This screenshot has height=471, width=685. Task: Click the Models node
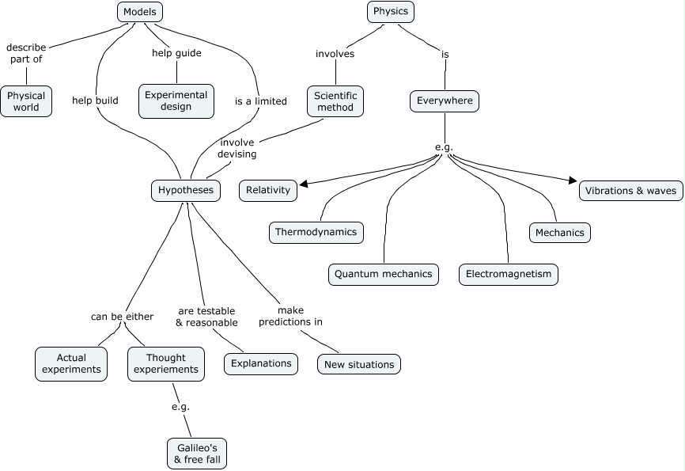(140, 12)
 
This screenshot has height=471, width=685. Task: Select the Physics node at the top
(391, 12)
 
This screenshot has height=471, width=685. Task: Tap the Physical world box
(26, 101)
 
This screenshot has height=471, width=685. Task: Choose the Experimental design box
(176, 101)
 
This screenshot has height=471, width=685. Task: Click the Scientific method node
(335, 101)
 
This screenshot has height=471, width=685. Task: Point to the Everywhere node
(445, 101)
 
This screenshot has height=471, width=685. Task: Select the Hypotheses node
(186, 190)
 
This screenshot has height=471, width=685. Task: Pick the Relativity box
(268, 190)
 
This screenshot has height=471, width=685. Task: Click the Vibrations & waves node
(630, 190)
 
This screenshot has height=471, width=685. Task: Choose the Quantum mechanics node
(384, 274)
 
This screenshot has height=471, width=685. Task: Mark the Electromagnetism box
(509, 274)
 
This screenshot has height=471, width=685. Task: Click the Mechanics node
(560, 232)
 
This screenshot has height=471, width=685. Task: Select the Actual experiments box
(71, 363)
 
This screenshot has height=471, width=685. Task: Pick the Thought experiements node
(166, 363)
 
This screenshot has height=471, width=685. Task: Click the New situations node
(359, 364)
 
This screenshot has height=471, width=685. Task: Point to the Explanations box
(262, 363)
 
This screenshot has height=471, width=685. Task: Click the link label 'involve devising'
(237, 148)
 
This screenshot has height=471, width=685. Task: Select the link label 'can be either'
(122, 317)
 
